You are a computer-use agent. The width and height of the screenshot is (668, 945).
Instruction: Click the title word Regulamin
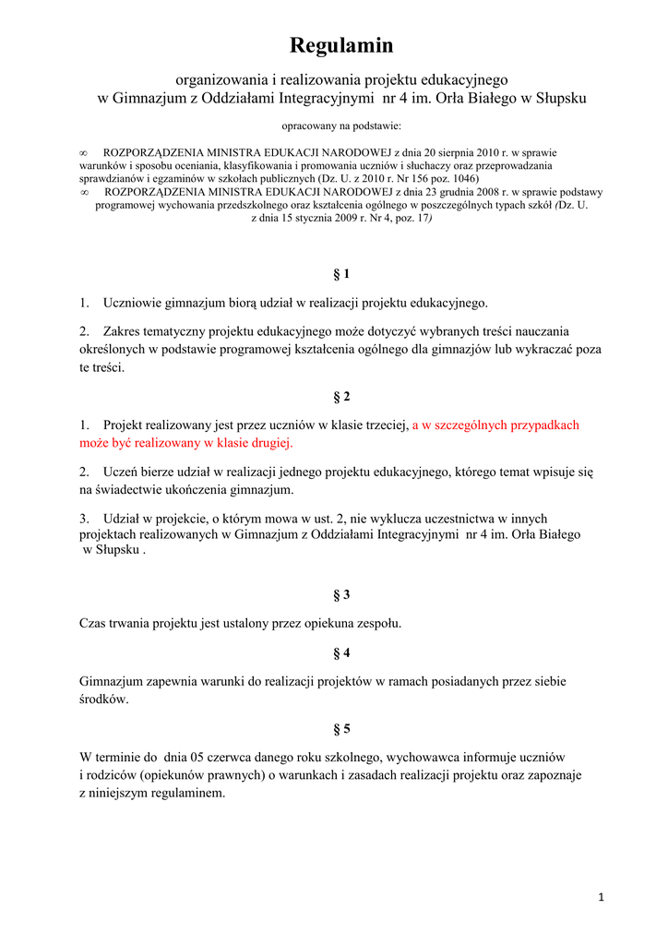[x=341, y=45]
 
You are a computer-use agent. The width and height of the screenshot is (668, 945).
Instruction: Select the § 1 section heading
[x=341, y=274]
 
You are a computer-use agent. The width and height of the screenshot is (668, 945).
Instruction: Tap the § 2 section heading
[x=341, y=397]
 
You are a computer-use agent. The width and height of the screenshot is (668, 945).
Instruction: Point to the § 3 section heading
[x=341, y=594]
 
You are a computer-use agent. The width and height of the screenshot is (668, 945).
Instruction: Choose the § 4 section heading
[x=341, y=653]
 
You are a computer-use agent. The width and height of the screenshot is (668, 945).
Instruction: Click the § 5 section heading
[x=341, y=728]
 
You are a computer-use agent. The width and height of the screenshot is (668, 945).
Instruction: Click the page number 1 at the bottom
[x=601, y=897]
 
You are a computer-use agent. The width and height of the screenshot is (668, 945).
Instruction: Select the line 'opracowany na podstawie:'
[x=341, y=126]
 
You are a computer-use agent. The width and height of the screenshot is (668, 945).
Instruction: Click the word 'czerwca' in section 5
[x=242, y=757]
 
